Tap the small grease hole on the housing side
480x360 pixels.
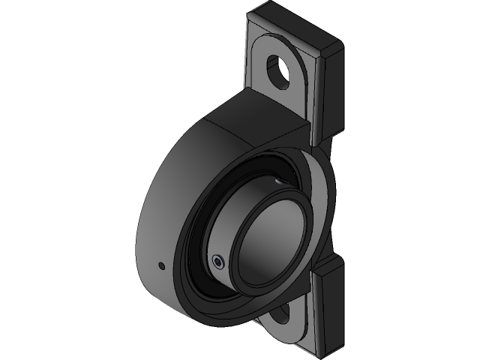pyautogui.click(x=160, y=265)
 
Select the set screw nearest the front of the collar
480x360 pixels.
pyautogui.click(x=217, y=262)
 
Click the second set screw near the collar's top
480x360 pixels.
pyautogui.click(x=279, y=181)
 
